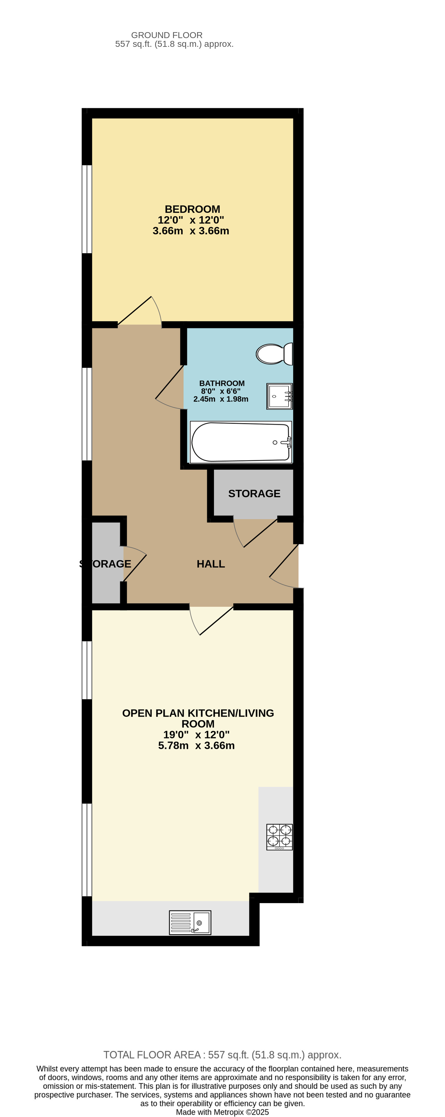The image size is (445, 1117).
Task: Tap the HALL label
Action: (211, 564)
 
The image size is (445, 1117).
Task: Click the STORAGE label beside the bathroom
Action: (254, 494)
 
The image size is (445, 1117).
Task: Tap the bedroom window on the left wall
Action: (87, 209)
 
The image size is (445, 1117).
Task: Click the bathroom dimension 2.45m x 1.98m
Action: (221, 399)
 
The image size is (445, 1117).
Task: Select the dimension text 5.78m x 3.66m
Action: (196, 745)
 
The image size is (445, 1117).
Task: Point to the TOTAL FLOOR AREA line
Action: (222, 1055)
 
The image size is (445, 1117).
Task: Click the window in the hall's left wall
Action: (87, 414)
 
